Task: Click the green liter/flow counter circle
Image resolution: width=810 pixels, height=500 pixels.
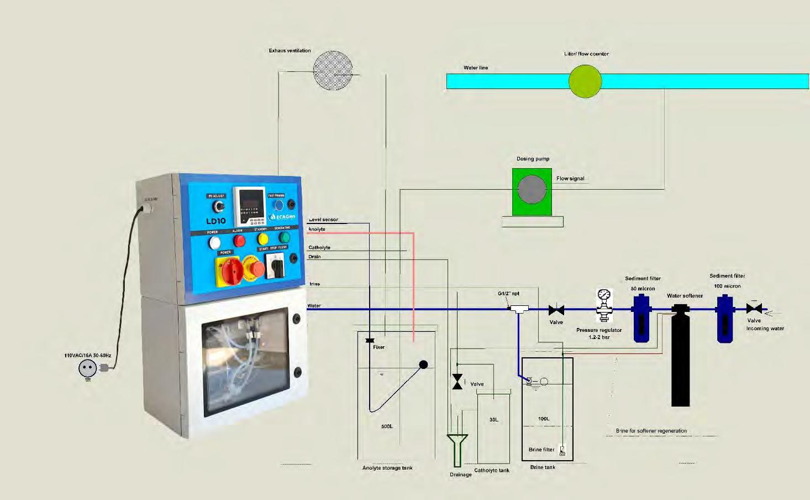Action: (585, 81)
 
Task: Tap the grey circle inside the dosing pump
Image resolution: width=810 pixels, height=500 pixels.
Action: (532, 190)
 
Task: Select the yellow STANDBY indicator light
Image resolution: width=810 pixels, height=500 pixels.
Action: (263, 239)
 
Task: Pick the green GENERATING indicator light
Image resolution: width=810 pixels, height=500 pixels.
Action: (285, 238)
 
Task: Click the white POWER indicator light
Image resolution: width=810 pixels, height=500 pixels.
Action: (214, 242)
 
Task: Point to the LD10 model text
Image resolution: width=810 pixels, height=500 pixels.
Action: (216, 221)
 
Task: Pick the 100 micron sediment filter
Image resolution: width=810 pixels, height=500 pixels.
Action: (725, 317)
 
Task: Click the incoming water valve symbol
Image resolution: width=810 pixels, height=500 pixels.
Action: (754, 309)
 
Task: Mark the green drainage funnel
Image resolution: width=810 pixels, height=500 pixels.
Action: (457, 447)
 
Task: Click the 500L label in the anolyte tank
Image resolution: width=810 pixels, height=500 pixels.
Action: (387, 426)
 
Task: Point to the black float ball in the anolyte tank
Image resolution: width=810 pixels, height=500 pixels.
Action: (423, 364)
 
